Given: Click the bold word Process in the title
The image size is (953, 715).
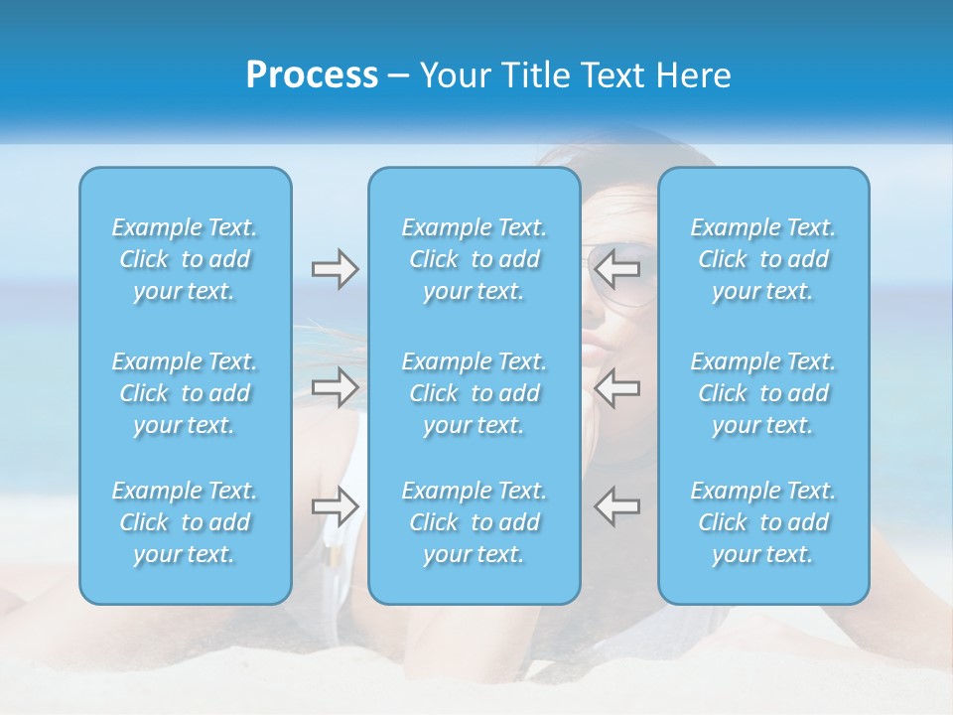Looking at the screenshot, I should [x=312, y=75].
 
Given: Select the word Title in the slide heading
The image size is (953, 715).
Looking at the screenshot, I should [x=533, y=75].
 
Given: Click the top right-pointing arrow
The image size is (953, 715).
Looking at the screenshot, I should [x=335, y=268].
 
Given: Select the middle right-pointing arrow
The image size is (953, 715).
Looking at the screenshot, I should [x=335, y=386].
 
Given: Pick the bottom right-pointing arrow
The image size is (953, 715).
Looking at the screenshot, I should [x=335, y=506].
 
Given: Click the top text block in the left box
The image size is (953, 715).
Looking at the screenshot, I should [x=185, y=259].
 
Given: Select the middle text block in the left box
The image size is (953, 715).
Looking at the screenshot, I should [x=185, y=393].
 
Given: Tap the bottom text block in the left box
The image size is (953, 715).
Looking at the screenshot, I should [x=185, y=522].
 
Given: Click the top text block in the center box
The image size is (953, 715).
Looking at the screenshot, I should [x=475, y=259].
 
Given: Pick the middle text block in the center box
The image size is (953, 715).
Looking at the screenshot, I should [x=475, y=393].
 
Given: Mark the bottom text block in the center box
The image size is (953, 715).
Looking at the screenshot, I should [x=475, y=522].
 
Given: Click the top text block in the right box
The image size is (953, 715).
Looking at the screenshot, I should [x=763, y=259].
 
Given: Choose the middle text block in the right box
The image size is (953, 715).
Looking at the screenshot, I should [x=763, y=393].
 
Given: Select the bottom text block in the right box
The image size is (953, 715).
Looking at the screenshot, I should [x=763, y=522].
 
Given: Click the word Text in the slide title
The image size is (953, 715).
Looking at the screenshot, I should [x=617, y=75].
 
